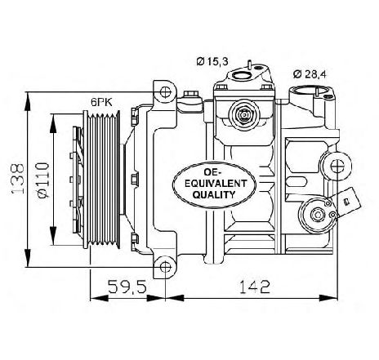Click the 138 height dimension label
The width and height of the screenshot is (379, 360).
tap(18, 179)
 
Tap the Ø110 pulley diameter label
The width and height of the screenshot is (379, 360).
tap(42, 180)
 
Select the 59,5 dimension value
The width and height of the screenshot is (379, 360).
tap(127, 287)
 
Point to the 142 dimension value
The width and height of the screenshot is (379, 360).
tap(255, 287)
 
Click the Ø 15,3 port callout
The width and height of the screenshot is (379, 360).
tap(212, 62)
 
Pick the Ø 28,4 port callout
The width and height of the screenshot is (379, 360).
tap(310, 74)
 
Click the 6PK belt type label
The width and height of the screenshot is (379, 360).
tap(101, 102)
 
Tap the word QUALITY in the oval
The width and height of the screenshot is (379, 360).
tap(214, 194)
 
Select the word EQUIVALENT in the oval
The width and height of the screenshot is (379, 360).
tap(215, 184)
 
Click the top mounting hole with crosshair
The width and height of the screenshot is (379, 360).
tap(165, 92)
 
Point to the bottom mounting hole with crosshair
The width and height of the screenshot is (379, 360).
tap(165, 267)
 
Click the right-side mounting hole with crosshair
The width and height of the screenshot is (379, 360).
tap(337, 166)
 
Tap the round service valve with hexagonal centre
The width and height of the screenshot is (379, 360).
tap(243, 114)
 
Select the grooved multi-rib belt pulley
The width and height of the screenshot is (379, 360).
tap(102, 180)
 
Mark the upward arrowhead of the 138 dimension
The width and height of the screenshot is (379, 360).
tap(28, 101)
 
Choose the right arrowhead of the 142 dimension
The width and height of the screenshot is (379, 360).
tap(328, 298)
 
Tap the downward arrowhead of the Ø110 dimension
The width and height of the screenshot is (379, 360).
tap(54, 235)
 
